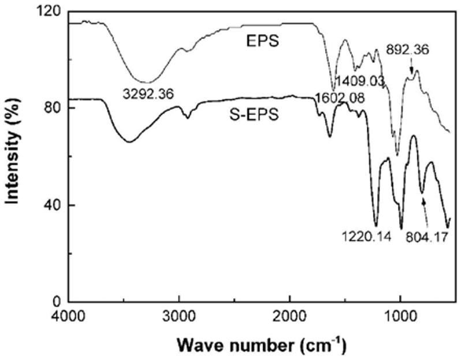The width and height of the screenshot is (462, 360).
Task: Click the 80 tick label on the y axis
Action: point(53,107)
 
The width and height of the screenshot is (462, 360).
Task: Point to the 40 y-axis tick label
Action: point(53,205)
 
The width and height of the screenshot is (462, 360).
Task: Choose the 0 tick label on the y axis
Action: point(57,301)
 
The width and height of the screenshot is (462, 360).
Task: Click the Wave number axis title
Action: point(262,345)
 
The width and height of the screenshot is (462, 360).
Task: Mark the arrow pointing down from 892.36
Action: point(411,67)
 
